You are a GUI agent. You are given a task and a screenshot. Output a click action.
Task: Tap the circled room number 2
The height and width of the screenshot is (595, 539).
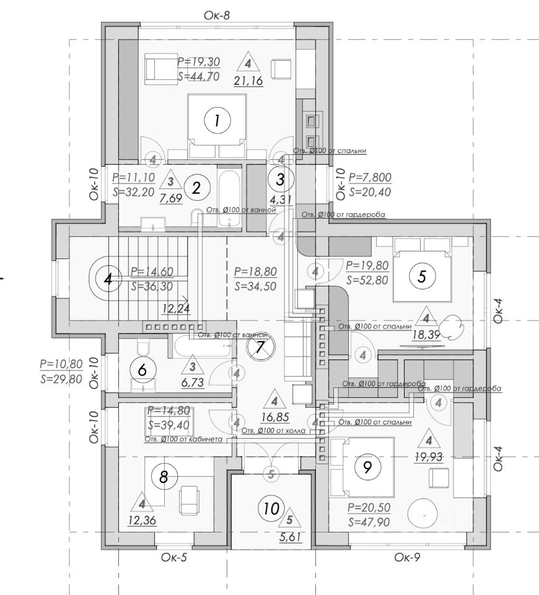coord(196,188)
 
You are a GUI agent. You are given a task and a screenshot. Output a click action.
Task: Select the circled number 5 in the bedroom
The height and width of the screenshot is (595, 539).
coord(422,276)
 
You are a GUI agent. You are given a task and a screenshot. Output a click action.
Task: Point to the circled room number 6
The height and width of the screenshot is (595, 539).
coord(142,371)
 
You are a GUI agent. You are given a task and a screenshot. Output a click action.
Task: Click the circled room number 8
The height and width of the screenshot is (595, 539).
coord(164,477)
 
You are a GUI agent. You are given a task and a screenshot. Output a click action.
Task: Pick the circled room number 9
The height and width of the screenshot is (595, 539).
coord(367,467)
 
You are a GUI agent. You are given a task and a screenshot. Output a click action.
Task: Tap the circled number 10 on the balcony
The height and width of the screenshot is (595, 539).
coord(270,509)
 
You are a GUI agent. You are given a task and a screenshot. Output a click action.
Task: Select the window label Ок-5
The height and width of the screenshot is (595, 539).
coord(174,557)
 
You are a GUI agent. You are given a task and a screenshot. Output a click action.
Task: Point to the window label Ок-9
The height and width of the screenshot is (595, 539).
coord(408,557)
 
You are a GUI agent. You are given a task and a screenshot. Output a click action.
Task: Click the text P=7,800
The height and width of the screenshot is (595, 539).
coord(370,177)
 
